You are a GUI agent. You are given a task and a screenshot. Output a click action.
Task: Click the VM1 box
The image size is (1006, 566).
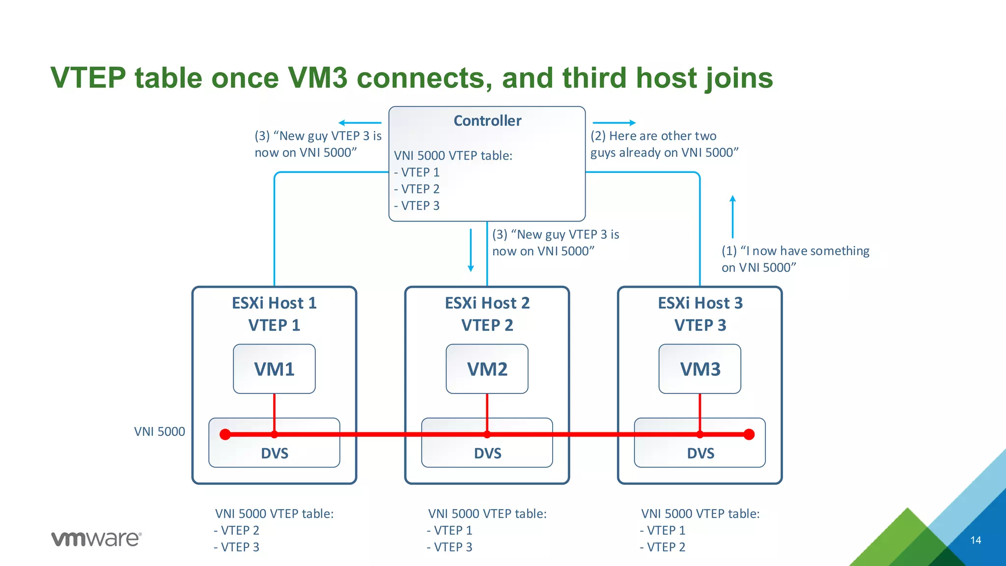coord(274,369)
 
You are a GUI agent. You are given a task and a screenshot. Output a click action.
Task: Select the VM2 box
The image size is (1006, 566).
coord(487,369)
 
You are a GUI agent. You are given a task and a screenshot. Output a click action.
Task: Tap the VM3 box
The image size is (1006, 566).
coord(699,369)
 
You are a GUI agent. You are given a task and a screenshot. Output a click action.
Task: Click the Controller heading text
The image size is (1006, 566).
coord(487,121)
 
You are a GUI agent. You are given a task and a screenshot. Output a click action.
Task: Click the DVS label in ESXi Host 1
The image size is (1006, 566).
coord(274,453)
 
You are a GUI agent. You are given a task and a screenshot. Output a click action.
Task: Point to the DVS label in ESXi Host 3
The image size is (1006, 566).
coord(700,453)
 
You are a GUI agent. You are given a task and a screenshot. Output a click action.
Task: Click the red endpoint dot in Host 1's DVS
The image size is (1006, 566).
coord(225,434)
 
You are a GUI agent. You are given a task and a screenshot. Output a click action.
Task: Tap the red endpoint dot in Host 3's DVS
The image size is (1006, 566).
coord(749,434)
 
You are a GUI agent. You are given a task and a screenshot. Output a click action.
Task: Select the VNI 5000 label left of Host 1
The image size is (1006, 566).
coord(160,432)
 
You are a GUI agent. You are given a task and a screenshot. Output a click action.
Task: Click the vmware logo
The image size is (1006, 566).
coord(96,539)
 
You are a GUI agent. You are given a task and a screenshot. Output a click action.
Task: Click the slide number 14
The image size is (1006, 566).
coord(976,540)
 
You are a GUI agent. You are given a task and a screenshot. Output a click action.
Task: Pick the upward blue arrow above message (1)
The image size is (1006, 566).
coord(732,216)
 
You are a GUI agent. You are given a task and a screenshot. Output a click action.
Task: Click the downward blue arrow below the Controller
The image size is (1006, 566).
coord(471,250)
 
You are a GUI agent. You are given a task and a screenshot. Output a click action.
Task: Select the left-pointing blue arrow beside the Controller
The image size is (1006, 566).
coord(360,123)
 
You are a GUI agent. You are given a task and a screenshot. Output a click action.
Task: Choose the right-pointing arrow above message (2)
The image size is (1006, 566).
coord(614,123)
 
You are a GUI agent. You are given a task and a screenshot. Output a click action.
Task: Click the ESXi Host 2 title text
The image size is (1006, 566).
coord(487,303)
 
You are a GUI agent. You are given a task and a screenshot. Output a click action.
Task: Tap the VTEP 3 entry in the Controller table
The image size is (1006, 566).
coord(420,206)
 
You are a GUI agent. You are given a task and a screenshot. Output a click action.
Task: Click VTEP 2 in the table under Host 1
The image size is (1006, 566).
coord(239,531)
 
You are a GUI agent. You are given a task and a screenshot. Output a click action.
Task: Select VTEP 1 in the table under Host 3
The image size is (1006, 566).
coord(666,531)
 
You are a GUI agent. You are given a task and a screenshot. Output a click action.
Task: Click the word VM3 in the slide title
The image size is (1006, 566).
coord(317,78)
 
